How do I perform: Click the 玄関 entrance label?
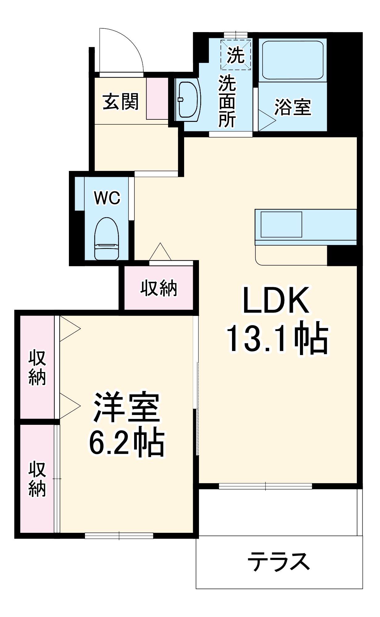(x=120, y=101)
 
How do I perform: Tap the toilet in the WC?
(x=107, y=239)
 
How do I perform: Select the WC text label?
(x=107, y=198)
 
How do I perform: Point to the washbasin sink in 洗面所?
(x=188, y=99)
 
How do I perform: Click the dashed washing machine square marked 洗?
(x=235, y=55)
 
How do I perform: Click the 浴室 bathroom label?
(x=293, y=107)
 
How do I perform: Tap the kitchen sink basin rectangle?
(x=281, y=224)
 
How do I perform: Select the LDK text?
(x=276, y=300)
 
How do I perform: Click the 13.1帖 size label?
(x=277, y=338)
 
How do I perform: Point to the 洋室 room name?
(x=127, y=407)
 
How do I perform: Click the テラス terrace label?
(x=279, y=562)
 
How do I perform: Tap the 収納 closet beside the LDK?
(x=159, y=288)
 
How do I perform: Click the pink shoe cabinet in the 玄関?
(x=157, y=98)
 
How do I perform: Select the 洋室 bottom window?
(x=119, y=536)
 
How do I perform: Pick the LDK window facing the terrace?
(x=265, y=486)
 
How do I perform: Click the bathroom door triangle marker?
(x=266, y=120)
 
